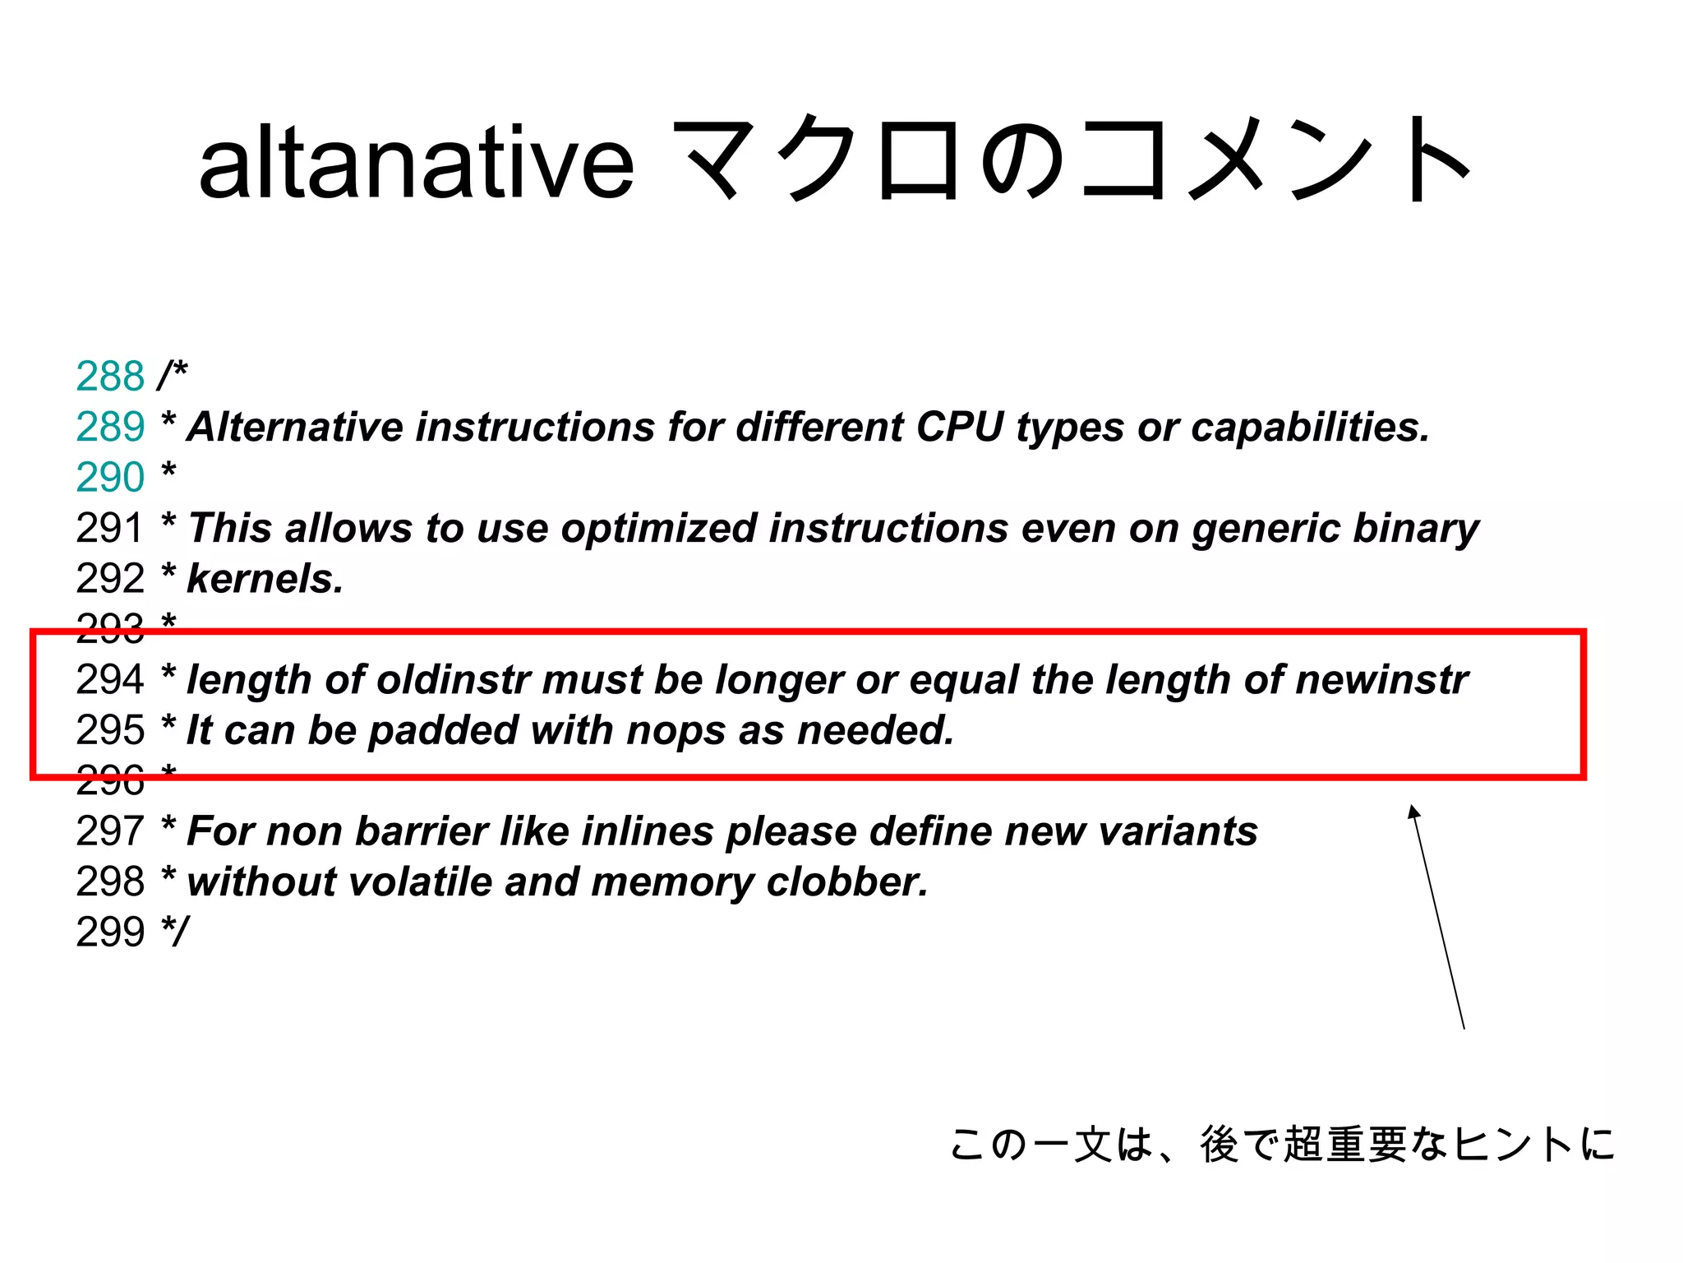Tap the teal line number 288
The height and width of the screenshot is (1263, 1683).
[110, 377]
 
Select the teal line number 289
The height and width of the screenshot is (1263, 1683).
[110, 427]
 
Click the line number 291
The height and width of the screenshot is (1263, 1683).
[110, 528]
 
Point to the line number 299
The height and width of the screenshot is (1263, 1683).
[110, 932]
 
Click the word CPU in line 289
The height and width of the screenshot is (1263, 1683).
[959, 427]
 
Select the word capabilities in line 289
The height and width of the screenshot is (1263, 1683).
[1310, 428]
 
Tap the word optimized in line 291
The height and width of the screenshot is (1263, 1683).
[658, 529]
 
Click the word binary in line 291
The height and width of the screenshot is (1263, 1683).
[1415, 529]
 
